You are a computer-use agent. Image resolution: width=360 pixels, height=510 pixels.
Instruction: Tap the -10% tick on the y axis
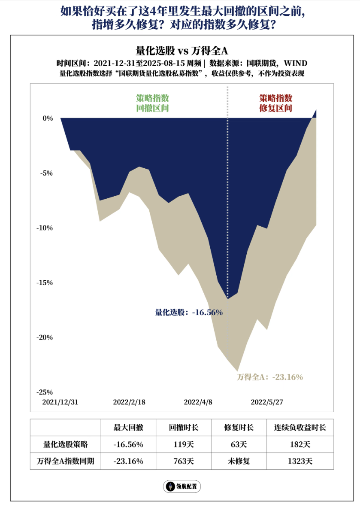point(45,228)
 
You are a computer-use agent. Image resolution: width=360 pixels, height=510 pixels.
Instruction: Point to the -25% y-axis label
point(45,392)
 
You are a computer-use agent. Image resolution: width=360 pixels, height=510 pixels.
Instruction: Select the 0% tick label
point(47,118)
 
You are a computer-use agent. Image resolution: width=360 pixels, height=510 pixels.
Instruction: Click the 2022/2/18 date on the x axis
point(129,402)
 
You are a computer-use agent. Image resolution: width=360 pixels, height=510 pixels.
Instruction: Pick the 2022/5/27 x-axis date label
point(266,402)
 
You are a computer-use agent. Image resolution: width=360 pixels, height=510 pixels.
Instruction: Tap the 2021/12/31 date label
point(61,402)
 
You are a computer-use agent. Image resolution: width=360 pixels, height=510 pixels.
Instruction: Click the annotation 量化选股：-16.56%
point(189,313)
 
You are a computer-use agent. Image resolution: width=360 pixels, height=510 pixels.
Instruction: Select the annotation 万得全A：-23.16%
point(270,377)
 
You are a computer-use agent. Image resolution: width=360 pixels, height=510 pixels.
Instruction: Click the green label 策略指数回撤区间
point(152,103)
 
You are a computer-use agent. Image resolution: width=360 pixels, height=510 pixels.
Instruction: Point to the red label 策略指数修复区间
point(276,103)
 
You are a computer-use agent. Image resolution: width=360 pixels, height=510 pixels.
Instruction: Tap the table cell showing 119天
point(184,444)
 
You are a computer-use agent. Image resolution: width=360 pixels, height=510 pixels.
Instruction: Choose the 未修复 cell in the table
point(239,461)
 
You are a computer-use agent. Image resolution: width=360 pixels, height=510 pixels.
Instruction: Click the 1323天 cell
point(300,461)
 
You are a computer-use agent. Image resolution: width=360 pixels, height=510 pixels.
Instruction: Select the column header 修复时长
point(239,428)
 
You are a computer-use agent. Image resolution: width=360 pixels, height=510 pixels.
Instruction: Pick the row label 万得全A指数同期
point(65,461)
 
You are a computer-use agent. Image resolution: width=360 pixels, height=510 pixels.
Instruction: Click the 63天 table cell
point(239,444)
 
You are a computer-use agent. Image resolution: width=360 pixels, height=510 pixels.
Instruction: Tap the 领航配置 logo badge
point(182,486)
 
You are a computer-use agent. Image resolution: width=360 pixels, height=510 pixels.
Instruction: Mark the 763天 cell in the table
point(184,461)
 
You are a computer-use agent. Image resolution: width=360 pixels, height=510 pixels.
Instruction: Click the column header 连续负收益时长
point(300,428)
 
